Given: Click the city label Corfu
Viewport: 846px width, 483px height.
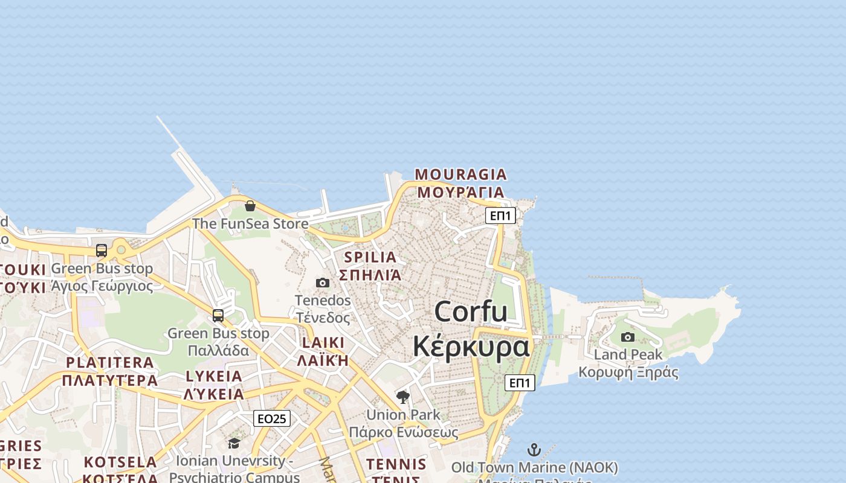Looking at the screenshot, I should [x=471, y=312].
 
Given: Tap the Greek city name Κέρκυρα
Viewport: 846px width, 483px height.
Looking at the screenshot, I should [x=471, y=346].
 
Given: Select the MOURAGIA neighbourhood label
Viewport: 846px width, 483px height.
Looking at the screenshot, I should [x=460, y=174].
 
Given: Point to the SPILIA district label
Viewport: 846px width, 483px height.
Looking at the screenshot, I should [x=370, y=257].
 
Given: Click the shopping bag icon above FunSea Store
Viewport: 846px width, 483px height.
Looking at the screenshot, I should [x=250, y=206].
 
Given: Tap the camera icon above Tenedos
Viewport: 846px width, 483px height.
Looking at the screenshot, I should [x=323, y=283].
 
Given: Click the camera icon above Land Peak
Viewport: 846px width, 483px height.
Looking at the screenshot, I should [x=628, y=337].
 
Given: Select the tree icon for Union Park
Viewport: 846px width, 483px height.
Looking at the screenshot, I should [x=403, y=397].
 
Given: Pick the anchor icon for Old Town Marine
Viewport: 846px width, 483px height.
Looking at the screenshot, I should [x=534, y=450].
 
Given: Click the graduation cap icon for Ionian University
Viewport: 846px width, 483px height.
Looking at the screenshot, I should [x=234, y=444].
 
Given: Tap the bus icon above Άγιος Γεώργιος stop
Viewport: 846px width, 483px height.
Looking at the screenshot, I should [x=102, y=251].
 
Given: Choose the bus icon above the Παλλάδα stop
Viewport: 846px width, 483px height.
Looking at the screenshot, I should [x=218, y=315].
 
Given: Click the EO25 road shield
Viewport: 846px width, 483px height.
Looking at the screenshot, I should [x=271, y=418].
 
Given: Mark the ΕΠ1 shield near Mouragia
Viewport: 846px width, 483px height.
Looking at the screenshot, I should [x=500, y=216].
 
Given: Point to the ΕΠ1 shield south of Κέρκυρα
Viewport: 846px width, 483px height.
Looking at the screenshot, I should [x=520, y=382].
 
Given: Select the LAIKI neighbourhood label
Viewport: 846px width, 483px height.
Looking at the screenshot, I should [x=323, y=343].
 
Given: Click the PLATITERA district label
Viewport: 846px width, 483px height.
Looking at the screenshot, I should [x=110, y=362].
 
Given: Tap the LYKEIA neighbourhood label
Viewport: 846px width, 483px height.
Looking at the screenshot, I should [x=214, y=376].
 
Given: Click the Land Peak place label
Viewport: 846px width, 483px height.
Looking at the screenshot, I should [x=628, y=354].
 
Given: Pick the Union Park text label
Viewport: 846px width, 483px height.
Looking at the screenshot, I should [x=403, y=415].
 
